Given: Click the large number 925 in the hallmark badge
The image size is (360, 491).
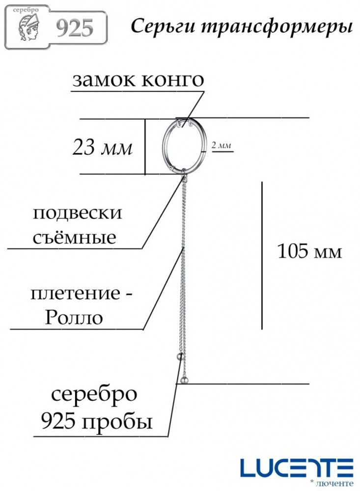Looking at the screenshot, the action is [75, 28].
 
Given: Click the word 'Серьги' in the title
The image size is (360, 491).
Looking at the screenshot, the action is [162, 27].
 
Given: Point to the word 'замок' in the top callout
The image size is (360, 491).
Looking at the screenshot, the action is [104, 80].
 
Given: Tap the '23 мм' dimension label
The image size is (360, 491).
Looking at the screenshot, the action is [103, 147].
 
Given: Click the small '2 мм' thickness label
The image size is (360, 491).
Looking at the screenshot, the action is [222, 145].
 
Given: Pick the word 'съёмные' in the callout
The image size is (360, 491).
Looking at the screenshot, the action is [75, 237].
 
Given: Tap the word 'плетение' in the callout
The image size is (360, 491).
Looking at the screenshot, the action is [75, 294].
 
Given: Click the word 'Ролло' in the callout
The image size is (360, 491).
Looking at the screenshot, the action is [74, 317].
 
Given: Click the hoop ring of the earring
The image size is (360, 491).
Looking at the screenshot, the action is [163, 146].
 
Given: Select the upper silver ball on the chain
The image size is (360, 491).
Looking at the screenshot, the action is [180, 356].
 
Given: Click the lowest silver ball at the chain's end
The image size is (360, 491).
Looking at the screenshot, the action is [185, 381].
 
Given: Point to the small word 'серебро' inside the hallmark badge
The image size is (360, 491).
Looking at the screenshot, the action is [26, 10].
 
